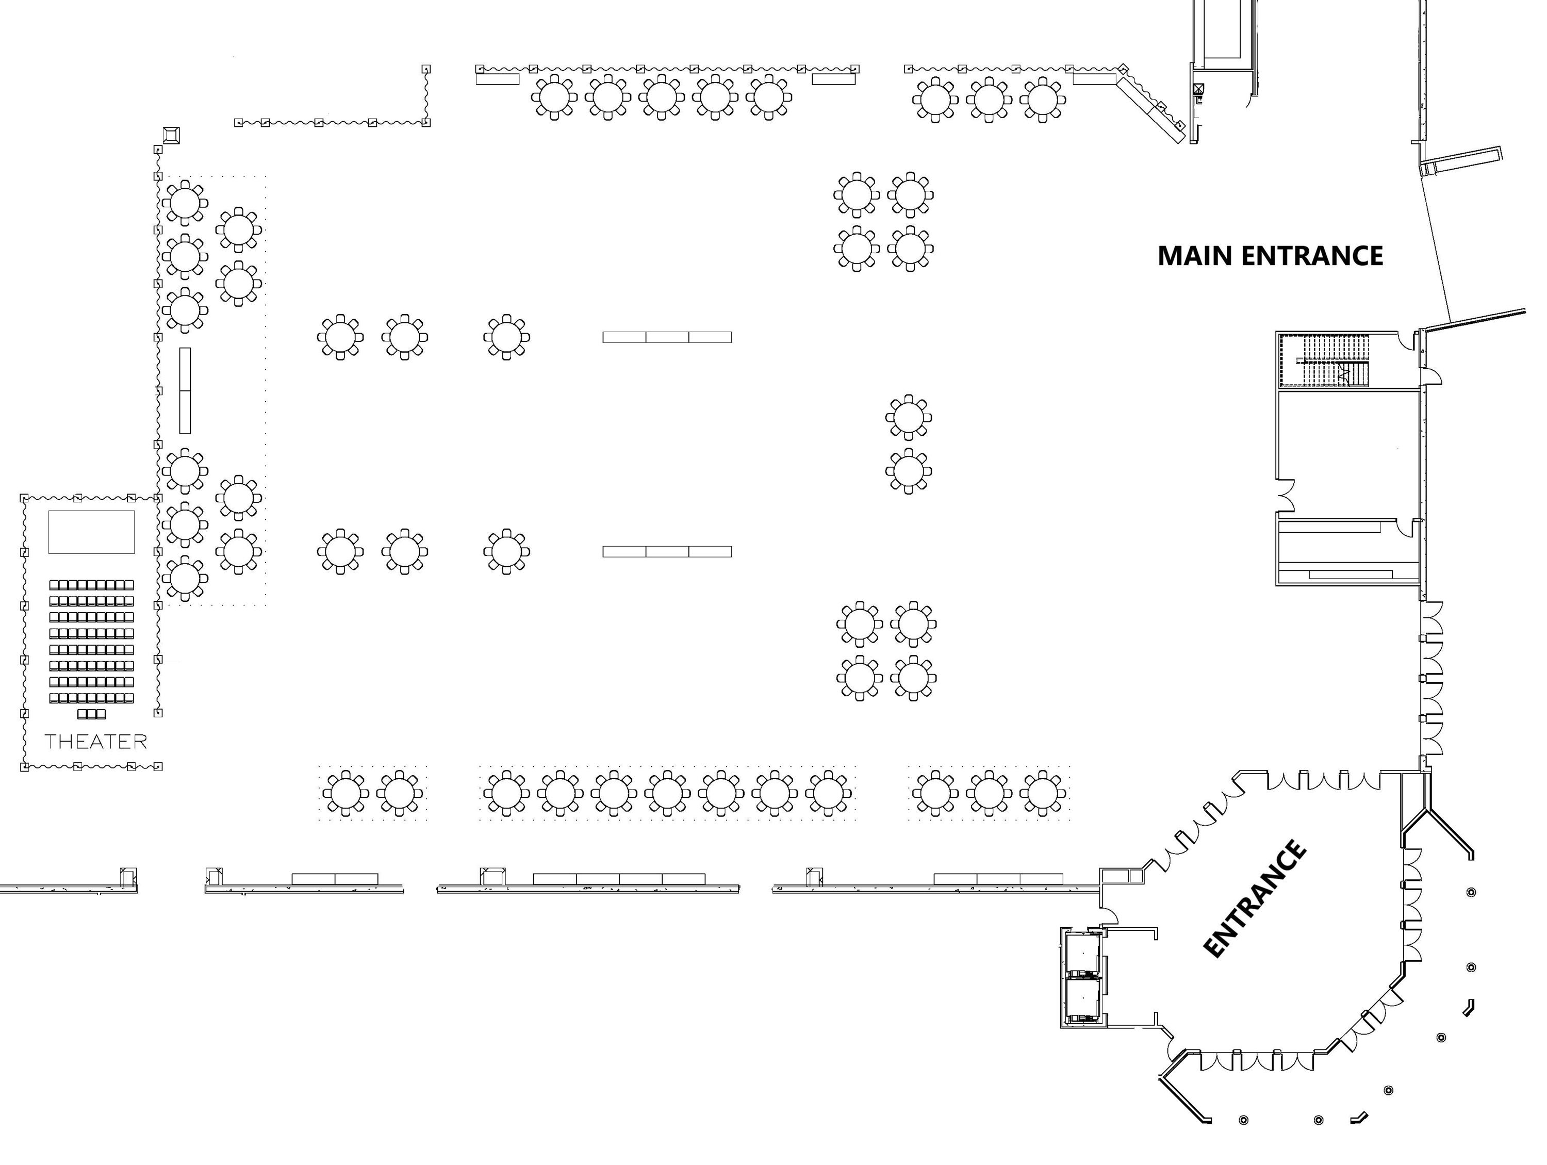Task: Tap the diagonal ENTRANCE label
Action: [1254, 898]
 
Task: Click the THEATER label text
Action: [96, 741]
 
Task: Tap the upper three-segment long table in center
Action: [667, 337]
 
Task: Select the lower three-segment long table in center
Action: [667, 552]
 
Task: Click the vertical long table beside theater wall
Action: [185, 390]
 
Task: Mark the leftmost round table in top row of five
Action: [554, 97]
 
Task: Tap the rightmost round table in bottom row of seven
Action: [828, 793]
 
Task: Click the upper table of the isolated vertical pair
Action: [909, 417]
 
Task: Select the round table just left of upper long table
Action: [506, 337]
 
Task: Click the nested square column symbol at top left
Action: [171, 134]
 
